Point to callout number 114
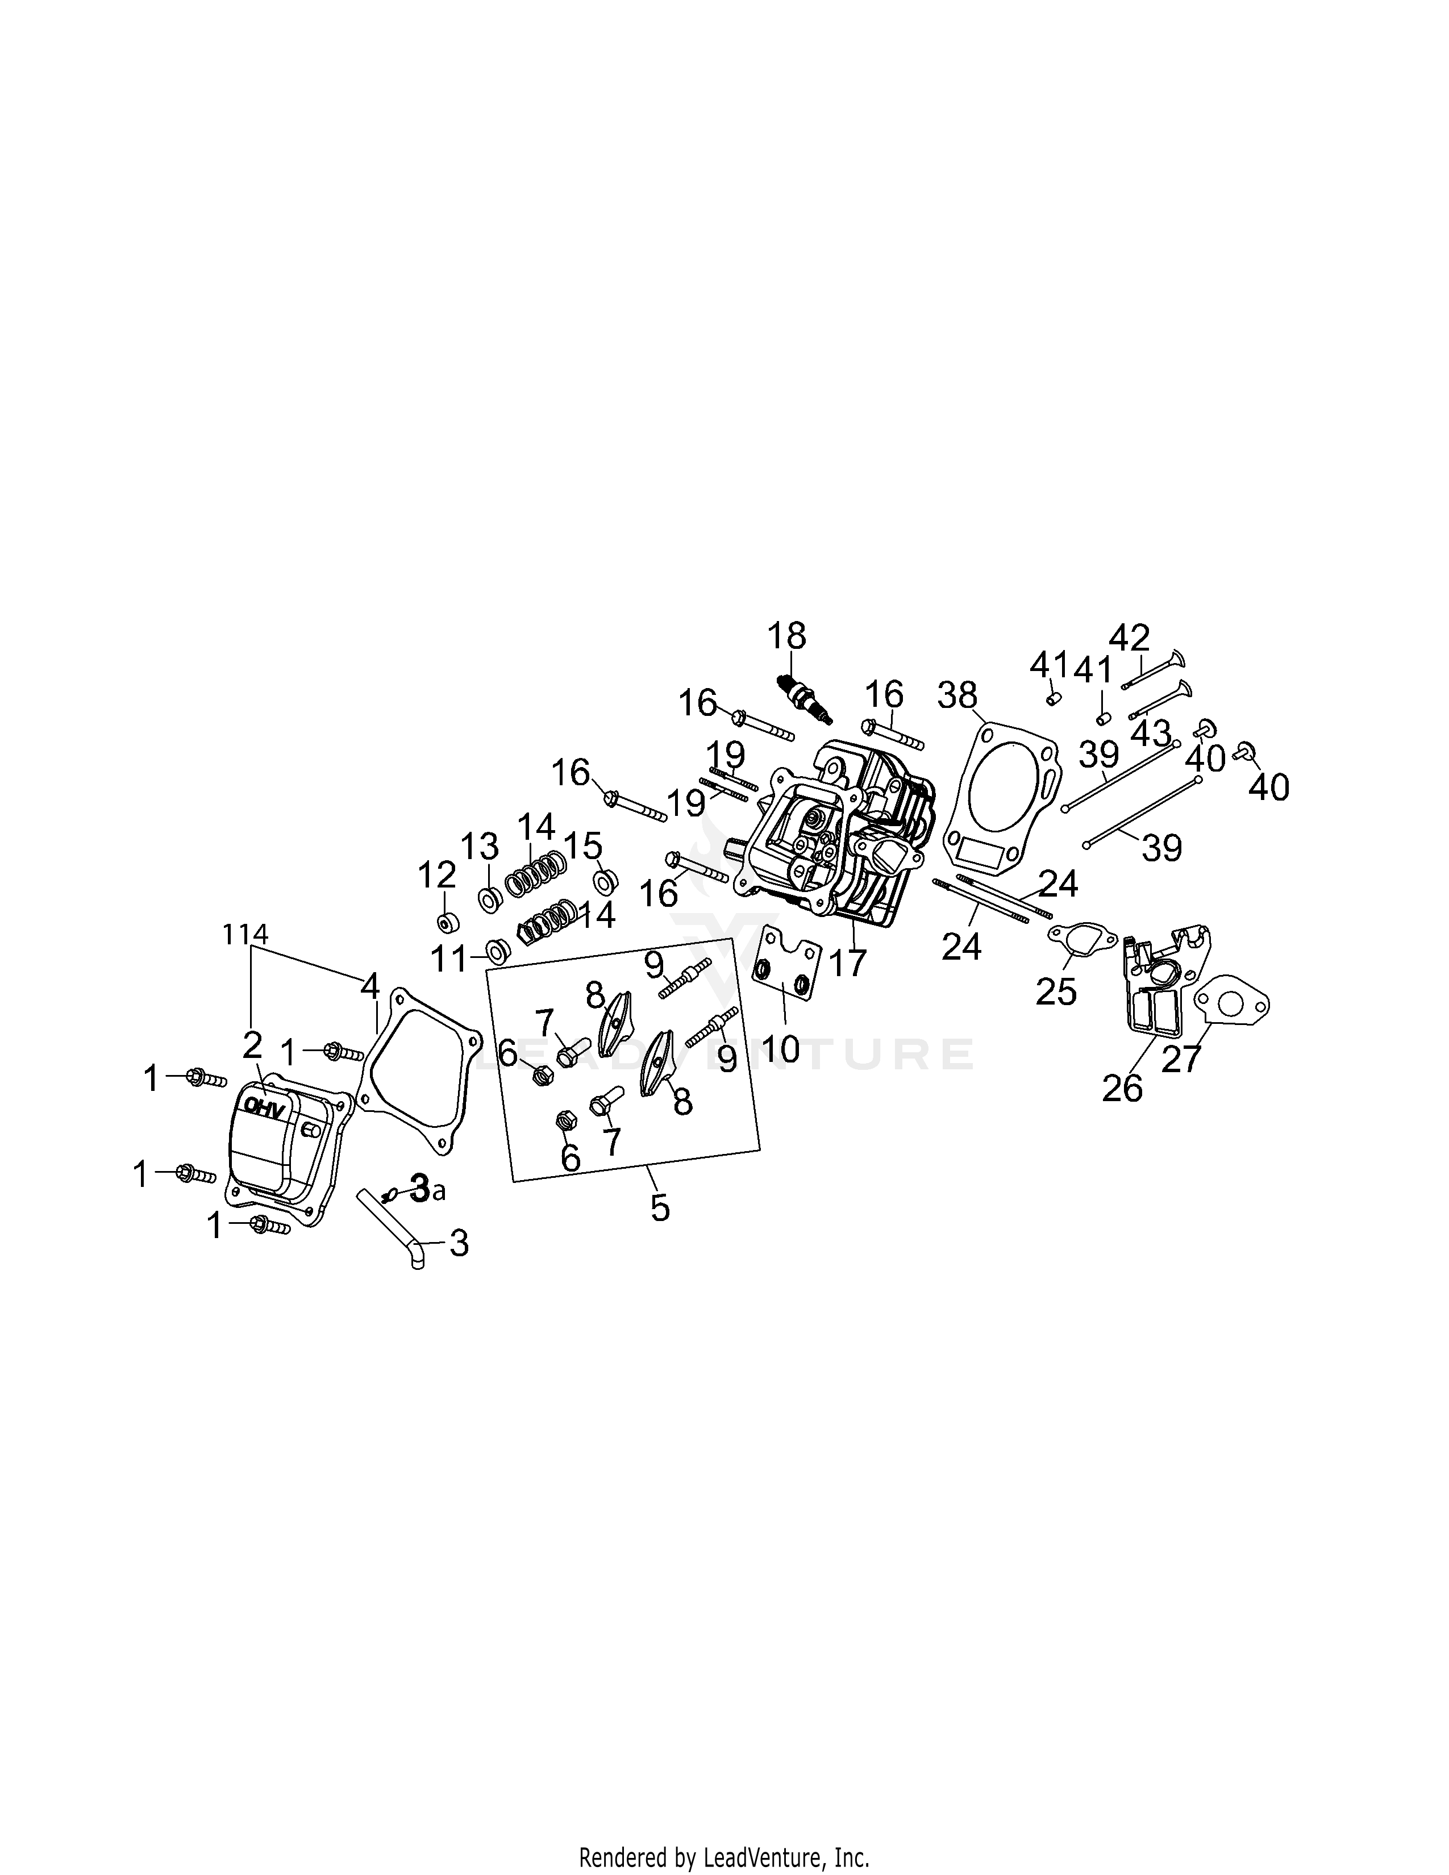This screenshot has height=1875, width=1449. (247, 934)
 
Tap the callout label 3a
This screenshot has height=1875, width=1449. (427, 1189)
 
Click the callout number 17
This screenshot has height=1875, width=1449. (848, 963)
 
